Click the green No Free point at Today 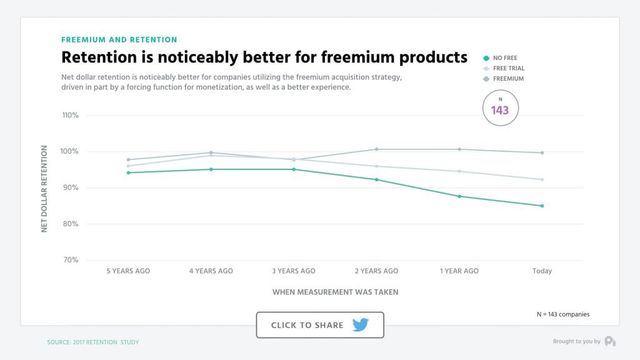542,206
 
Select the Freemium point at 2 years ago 376,149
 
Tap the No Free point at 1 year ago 459,196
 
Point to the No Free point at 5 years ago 128,172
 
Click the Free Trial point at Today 542,179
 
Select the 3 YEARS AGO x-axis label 294,271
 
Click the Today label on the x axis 542,271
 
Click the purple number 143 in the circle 500,111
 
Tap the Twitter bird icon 361,325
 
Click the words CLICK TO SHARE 307,326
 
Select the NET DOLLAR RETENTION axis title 44,189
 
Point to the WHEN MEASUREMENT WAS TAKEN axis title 335,292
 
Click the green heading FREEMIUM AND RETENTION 119,40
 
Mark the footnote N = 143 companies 562,314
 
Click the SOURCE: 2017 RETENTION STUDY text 93,342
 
